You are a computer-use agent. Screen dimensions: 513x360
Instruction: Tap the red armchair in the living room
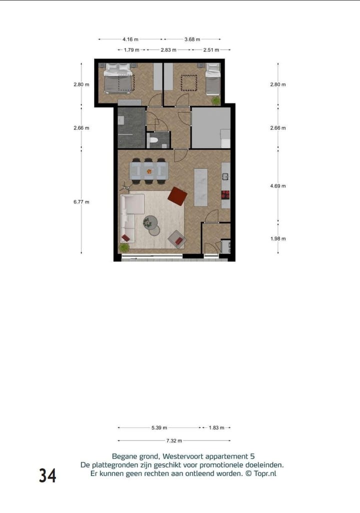coord(177,195)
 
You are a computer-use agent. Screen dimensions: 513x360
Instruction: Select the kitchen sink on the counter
coord(225,176)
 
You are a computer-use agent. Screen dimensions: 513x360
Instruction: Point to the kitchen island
coord(200,187)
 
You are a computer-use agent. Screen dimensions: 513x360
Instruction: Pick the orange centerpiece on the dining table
coord(148,170)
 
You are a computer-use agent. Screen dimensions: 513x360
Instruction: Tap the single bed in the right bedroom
coord(213,79)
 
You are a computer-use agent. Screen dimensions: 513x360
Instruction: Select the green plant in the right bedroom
coord(215,100)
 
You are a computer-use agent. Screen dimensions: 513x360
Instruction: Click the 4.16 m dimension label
coord(130,39)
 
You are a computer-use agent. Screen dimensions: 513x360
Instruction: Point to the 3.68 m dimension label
coord(192,39)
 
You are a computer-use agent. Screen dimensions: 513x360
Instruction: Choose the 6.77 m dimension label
coord(81,201)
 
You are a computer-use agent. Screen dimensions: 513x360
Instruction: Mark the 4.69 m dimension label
coord(278,185)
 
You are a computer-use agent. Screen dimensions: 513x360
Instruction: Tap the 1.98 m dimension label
coord(278,238)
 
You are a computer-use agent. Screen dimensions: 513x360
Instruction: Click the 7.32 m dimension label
coord(174,440)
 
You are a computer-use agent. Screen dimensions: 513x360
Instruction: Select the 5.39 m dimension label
coord(159,428)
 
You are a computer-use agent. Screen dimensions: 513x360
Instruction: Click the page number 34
coord(47,475)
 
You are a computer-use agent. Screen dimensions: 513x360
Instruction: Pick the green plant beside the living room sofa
coord(124,247)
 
